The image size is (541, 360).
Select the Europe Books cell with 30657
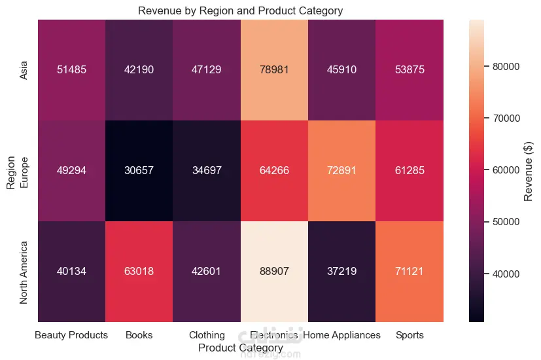coord(139,171)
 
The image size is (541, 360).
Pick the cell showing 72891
coord(341,171)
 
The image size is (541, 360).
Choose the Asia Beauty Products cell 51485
coord(71,70)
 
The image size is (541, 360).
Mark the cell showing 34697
coord(206,171)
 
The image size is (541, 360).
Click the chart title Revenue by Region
coord(240,10)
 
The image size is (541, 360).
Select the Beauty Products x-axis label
coord(71,335)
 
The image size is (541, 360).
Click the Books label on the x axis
coord(139,335)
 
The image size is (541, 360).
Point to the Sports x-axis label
coord(410,335)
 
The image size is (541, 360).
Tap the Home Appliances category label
coord(341,335)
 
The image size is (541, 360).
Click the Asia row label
coord(24,70)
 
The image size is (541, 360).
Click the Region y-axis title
coord(10,171)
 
